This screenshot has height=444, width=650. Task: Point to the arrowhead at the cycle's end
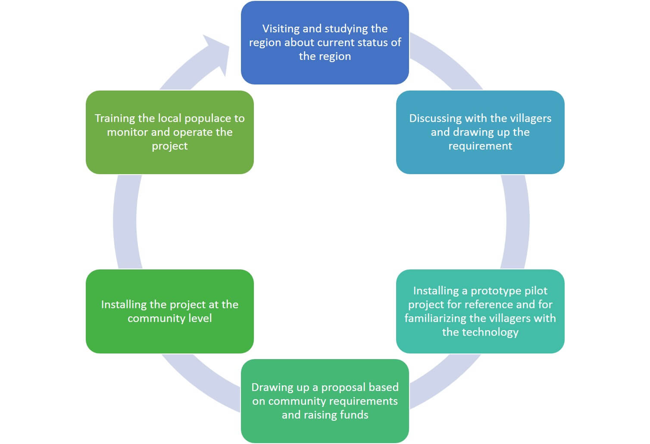(218, 52)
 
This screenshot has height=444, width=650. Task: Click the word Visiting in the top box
(281, 29)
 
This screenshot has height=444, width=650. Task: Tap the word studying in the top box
(346, 29)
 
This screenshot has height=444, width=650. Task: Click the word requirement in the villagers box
(480, 146)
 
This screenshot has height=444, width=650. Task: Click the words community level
(169, 318)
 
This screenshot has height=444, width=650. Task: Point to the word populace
(208, 118)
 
